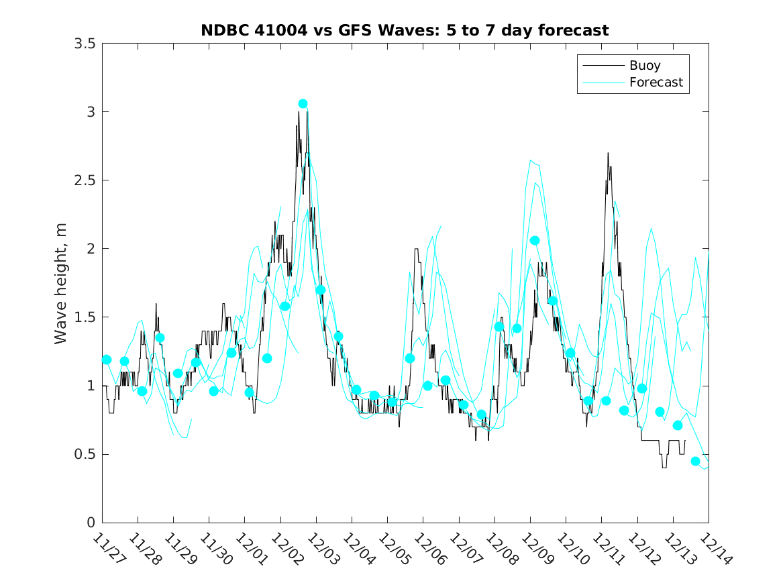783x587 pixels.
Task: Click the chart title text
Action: click(x=405, y=30)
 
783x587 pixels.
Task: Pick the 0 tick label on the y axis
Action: click(x=90, y=523)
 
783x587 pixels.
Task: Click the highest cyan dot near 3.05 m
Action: click(x=303, y=104)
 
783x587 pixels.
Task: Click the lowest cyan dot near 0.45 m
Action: click(x=695, y=461)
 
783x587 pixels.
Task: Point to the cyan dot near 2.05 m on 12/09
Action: click(x=535, y=240)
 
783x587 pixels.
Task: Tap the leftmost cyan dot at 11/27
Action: click(x=106, y=360)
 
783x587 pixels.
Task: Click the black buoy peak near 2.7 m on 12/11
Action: click(x=608, y=154)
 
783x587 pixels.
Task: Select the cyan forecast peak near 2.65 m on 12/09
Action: click(x=530, y=160)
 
